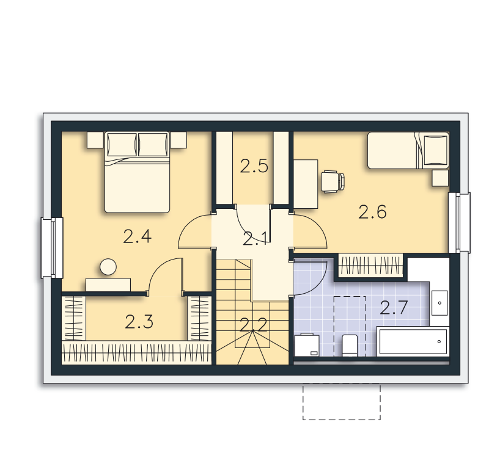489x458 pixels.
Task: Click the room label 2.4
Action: pos(137,236)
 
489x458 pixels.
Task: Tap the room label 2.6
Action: pos(372,212)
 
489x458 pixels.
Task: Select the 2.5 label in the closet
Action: pos(254,166)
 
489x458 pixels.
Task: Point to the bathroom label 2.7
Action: pos(394,308)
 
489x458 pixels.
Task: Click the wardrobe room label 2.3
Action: pos(139,322)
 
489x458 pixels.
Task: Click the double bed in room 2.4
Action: pos(137,172)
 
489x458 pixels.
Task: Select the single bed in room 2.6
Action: pos(408,150)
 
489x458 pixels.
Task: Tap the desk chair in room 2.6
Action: pos(333,181)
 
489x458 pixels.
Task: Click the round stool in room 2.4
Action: pos(108,267)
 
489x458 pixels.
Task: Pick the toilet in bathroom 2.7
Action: pos(350,346)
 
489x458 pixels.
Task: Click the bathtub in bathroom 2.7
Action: pos(413,341)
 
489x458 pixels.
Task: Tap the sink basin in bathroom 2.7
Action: pos(439,303)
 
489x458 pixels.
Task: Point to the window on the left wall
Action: pos(52,248)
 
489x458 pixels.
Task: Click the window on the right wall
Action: pos(459,222)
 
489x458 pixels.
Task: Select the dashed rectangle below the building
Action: pos(342,402)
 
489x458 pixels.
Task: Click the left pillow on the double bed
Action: pos(122,145)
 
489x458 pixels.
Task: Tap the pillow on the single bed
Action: pos(435,150)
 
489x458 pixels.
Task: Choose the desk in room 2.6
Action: pos(306,184)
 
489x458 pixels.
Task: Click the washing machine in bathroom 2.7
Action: pos(307,345)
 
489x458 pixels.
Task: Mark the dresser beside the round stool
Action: pos(108,285)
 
